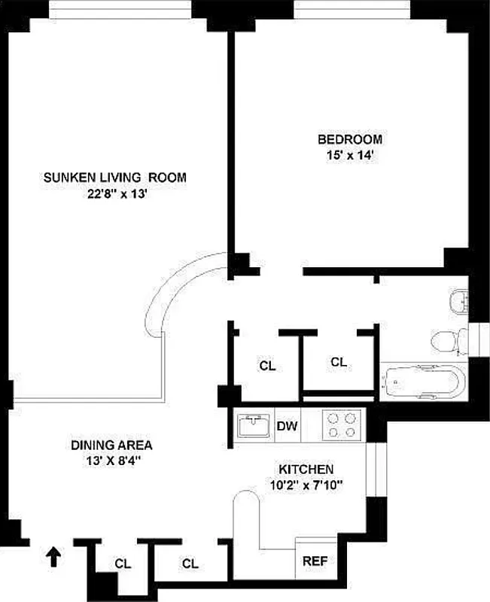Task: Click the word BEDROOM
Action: pyautogui.click(x=349, y=139)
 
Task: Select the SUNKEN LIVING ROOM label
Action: pyautogui.click(x=114, y=178)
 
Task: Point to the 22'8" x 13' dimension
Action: pyautogui.click(x=114, y=193)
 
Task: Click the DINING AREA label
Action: pyautogui.click(x=112, y=445)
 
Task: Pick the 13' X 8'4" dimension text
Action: pyautogui.click(x=112, y=461)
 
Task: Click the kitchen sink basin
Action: pyautogui.click(x=254, y=427)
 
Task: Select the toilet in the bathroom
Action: pyautogui.click(x=449, y=341)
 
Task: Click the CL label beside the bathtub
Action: pyautogui.click(x=339, y=363)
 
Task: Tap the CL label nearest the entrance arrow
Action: pyautogui.click(x=121, y=563)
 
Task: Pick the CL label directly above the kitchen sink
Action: pyautogui.click(x=266, y=366)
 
